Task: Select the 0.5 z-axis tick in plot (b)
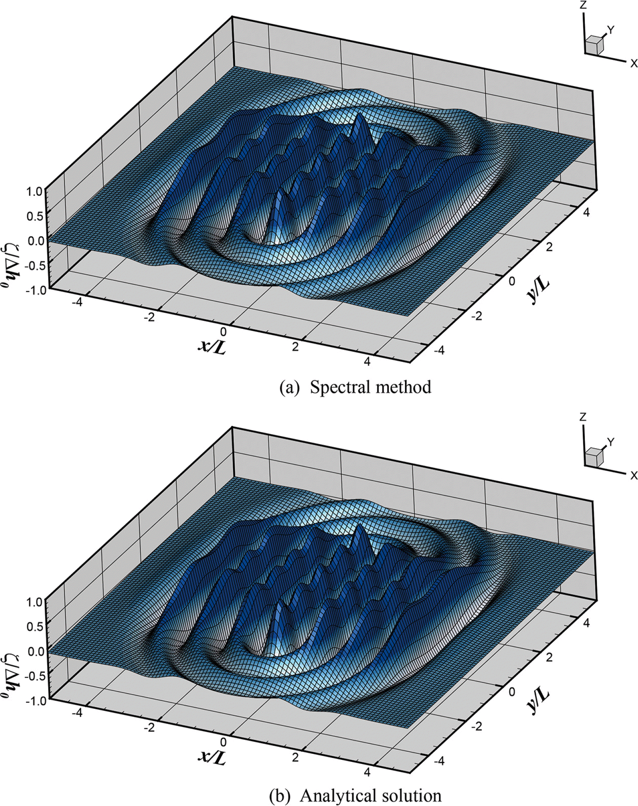[x=35, y=627]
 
